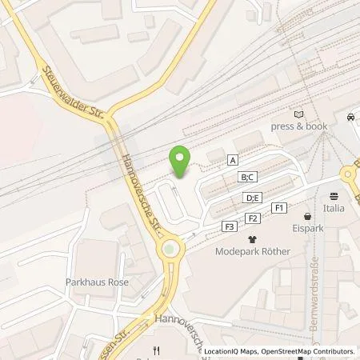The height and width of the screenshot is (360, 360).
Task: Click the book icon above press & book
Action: [x=299, y=114]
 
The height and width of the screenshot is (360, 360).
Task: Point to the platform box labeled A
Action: [x=233, y=160]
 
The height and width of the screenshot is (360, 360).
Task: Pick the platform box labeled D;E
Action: [x=252, y=198]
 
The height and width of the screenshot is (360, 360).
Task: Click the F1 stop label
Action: [x=279, y=208]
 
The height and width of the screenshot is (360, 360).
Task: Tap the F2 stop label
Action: [x=253, y=218]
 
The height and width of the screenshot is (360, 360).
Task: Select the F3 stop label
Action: [x=230, y=227]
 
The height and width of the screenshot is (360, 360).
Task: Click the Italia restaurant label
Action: [x=334, y=208]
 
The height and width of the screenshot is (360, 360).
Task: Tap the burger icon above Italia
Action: [x=334, y=196]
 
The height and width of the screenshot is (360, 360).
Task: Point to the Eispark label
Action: [x=306, y=228]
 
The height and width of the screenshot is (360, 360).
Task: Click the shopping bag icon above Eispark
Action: [x=306, y=216]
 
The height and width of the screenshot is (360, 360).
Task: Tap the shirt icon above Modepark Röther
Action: [x=253, y=238]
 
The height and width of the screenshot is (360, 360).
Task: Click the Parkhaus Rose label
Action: [x=97, y=282]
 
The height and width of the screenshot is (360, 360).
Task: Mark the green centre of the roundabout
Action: [x=170, y=251]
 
